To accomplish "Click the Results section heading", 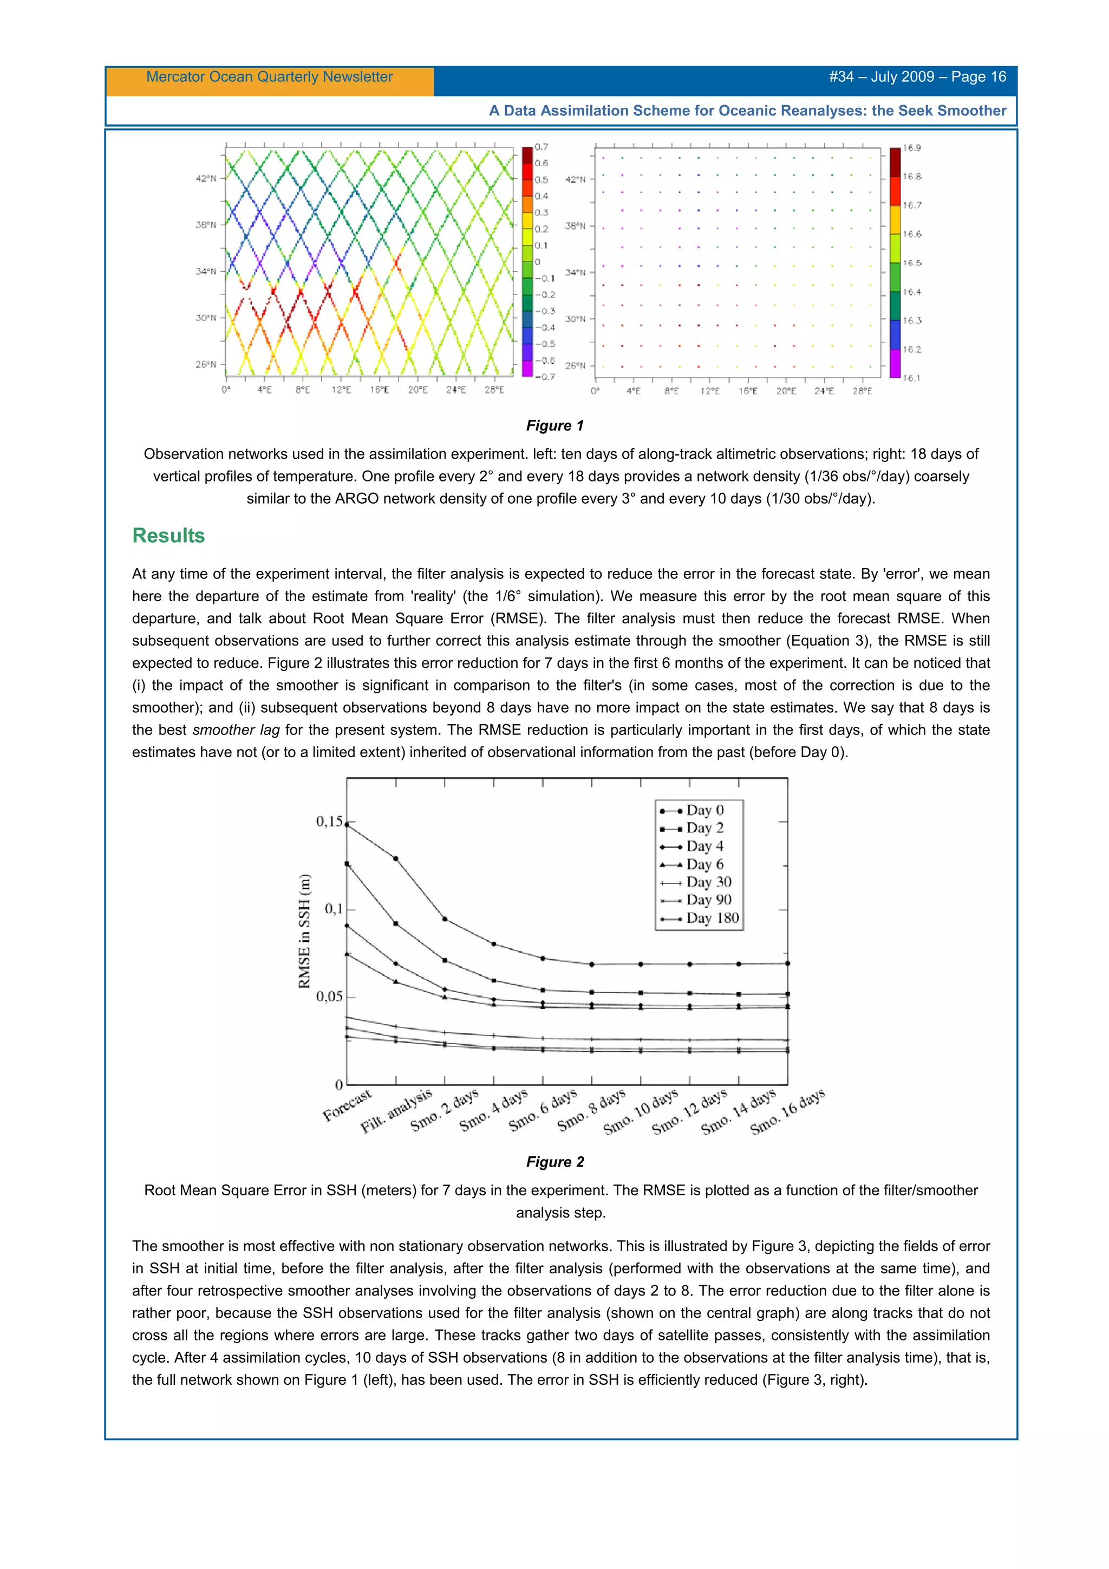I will [x=168, y=536].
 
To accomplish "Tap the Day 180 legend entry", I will [x=712, y=919].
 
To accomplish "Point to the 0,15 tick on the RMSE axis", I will [x=329, y=822].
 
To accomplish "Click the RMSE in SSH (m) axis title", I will [x=304, y=931].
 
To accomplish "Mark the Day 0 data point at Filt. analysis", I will [x=396, y=858].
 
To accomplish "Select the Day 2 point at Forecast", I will [x=347, y=864].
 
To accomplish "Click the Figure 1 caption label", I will [x=554, y=426].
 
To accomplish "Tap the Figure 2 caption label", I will [x=554, y=1162].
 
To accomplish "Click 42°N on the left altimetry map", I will [x=206, y=178].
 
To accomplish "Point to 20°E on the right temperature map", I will [x=786, y=392].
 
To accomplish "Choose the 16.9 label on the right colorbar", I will [x=911, y=148].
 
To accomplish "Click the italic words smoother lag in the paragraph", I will [x=236, y=730].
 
